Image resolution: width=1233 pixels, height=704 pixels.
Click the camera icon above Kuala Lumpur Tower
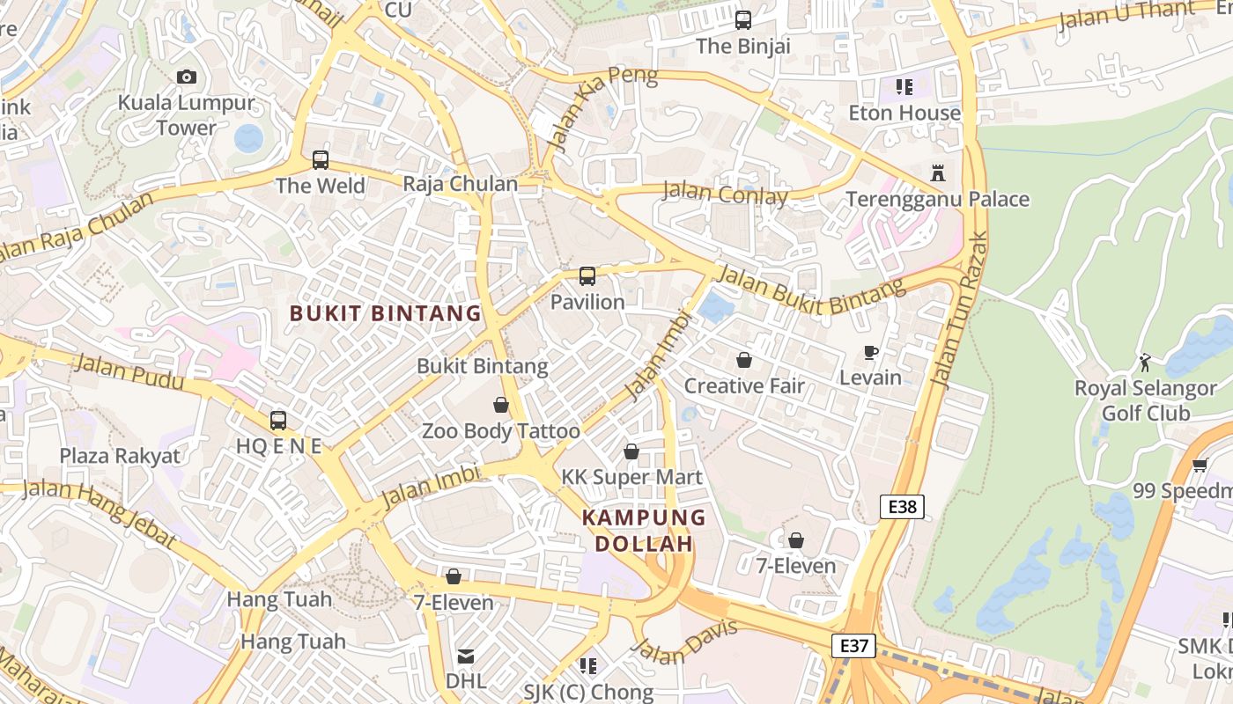pyautogui.click(x=186, y=77)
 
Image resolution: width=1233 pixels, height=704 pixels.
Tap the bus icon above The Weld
pyautogui.click(x=320, y=160)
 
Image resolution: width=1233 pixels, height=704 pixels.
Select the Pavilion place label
pyautogui.click(x=587, y=302)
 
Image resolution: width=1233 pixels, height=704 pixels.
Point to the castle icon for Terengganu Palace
pyautogui.click(x=938, y=173)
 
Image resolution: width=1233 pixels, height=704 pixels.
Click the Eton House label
pyautogui.click(x=904, y=113)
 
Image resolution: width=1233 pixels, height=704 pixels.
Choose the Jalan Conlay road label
pyautogui.click(x=725, y=193)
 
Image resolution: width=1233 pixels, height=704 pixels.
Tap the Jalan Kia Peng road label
pyautogui.click(x=602, y=105)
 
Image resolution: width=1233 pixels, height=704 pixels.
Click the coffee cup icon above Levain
pyautogui.click(x=871, y=353)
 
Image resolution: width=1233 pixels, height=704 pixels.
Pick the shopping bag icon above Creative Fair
pyautogui.click(x=744, y=360)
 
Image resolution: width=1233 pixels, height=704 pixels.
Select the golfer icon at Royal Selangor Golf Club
pyautogui.click(x=1145, y=362)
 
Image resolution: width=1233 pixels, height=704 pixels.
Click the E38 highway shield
pyautogui.click(x=902, y=506)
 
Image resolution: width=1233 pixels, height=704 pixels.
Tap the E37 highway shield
pyautogui.click(x=853, y=646)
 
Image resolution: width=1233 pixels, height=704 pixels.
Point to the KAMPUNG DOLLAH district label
pyautogui.click(x=644, y=531)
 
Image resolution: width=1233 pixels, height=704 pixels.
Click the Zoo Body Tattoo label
pyautogui.click(x=500, y=431)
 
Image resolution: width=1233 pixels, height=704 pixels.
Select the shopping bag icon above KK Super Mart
pyautogui.click(x=631, y=451)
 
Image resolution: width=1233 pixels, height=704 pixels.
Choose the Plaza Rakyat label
pyautogui.click(x=120, y=456)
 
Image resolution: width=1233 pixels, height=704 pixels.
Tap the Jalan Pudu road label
pyautogui.click(x=129, y=371)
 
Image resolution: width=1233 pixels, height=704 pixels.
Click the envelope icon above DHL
pyautogui.click(x=465, y=656)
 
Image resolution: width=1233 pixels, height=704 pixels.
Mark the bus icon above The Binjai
pyautogui.click(x=743, y=19)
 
